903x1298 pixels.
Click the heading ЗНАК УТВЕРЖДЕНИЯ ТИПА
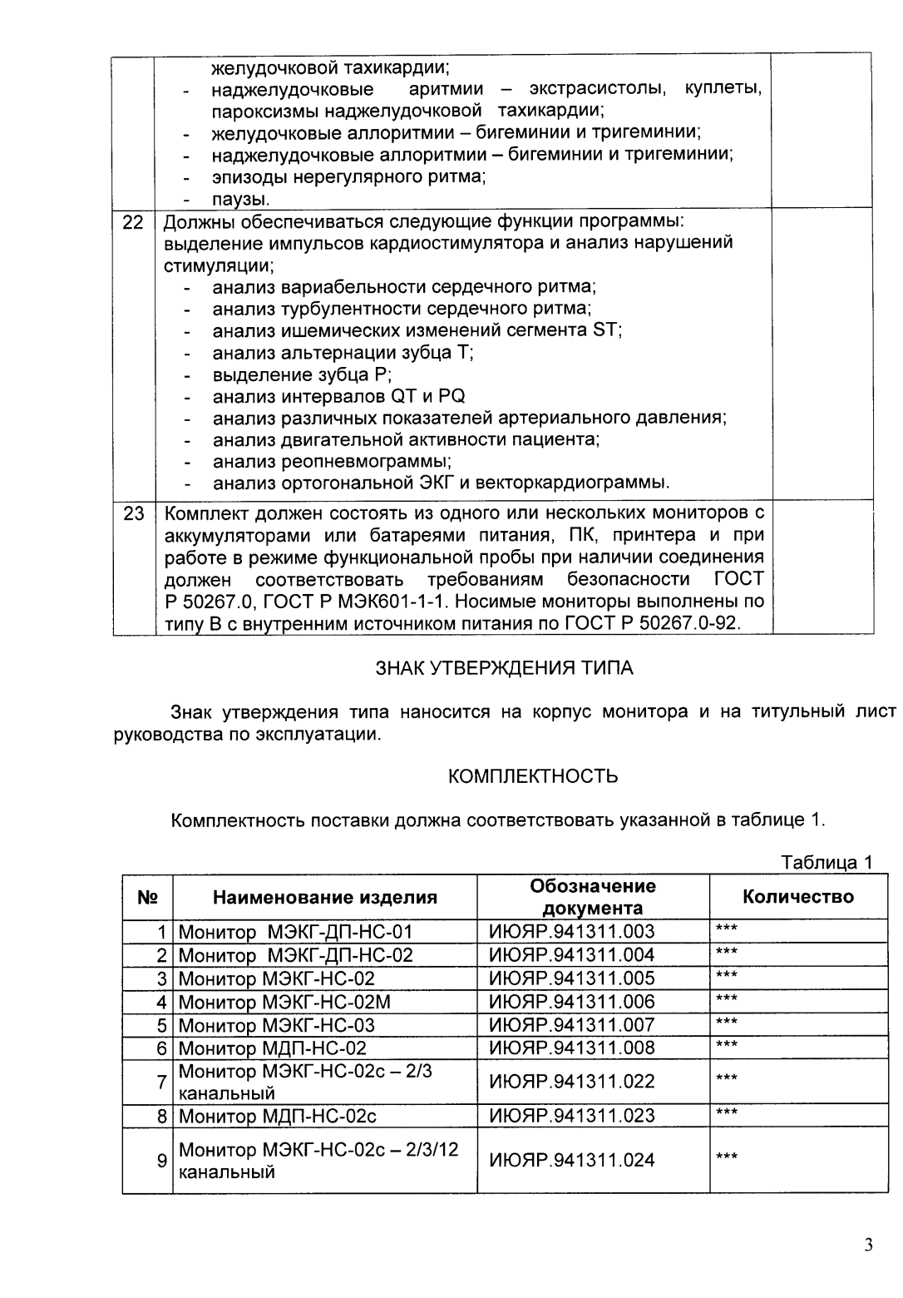coord(505,668)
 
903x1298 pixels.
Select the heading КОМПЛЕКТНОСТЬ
coord(533,776)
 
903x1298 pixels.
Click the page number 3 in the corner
coord(868,1245)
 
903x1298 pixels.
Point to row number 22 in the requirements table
coord(133,222)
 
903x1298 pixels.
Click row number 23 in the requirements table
coord(133,513)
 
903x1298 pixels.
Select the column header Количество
coord(797,896)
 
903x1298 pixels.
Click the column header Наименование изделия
coord(324,897)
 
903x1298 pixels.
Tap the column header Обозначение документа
coord(592,896)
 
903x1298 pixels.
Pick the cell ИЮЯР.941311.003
coord(571,931)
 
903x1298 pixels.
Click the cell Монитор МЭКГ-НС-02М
coord(284,1002)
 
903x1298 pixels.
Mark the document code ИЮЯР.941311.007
coord(571,1024)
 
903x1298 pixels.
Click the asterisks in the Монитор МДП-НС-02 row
coord(726,1044)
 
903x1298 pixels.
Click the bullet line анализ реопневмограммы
coord(332,461)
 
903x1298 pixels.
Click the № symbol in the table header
coord(147,897)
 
